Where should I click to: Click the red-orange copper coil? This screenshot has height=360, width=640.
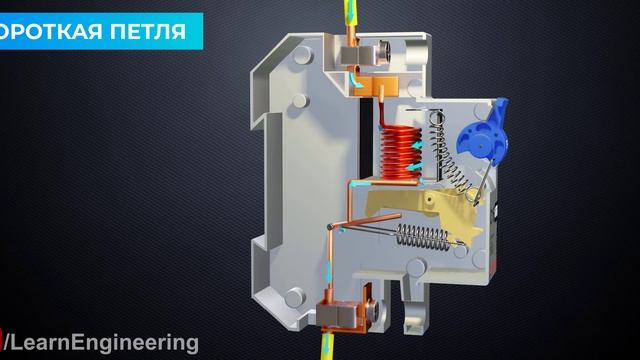coord(400,153)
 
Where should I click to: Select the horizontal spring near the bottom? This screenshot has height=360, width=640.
coord(423,236)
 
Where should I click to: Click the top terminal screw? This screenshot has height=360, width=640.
coord(384,52)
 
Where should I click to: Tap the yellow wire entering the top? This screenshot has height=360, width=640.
coord(350,11)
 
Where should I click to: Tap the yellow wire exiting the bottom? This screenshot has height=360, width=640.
coord(327,347)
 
